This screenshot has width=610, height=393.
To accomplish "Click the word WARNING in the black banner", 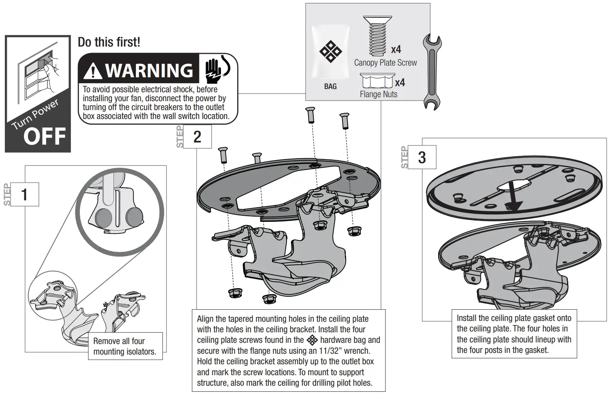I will [x=149, y=71].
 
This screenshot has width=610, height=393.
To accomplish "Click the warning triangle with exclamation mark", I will [x=94, y=71].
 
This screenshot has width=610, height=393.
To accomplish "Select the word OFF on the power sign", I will [x=45, y=136].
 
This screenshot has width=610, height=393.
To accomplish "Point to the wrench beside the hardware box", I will [x=432, y=72].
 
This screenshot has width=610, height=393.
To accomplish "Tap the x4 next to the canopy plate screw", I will [x=396, y=50].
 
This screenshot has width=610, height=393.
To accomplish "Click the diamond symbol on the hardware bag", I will [x=330, y=51].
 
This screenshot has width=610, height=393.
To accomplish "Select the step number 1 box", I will [x=24, y=195].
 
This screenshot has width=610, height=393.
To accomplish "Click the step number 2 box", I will [x=197, y=137].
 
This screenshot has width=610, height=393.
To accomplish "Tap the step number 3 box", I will [x=422, y=157].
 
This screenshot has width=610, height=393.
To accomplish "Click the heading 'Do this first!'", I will [x=109, y=42].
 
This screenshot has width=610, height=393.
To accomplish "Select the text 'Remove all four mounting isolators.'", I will [x=124, y=346].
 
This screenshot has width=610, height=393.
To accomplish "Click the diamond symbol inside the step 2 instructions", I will [x=312, y=340].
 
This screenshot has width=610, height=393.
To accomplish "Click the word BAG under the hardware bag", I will [x=330, y=87].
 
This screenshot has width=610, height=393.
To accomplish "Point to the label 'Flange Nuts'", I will [x=379, y=94].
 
